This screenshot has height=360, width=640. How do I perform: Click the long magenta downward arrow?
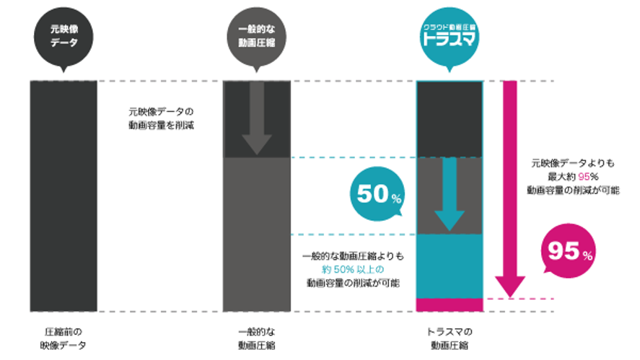tap(509, 188)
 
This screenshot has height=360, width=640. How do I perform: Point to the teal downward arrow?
tap(449, 193)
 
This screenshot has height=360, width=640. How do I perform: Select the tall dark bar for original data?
tap(63, 196)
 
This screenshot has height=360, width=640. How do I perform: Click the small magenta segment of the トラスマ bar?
tap(449, 304)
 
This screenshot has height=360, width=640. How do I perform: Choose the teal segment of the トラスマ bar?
tap(449, 265)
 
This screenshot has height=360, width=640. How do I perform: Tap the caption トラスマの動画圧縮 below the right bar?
tap(449, 338)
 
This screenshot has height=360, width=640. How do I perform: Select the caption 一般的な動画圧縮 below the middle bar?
tap(257, 338)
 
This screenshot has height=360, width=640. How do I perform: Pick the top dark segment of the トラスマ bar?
tap(449, 118)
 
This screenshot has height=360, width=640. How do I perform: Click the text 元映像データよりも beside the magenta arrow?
tap(569, 164)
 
